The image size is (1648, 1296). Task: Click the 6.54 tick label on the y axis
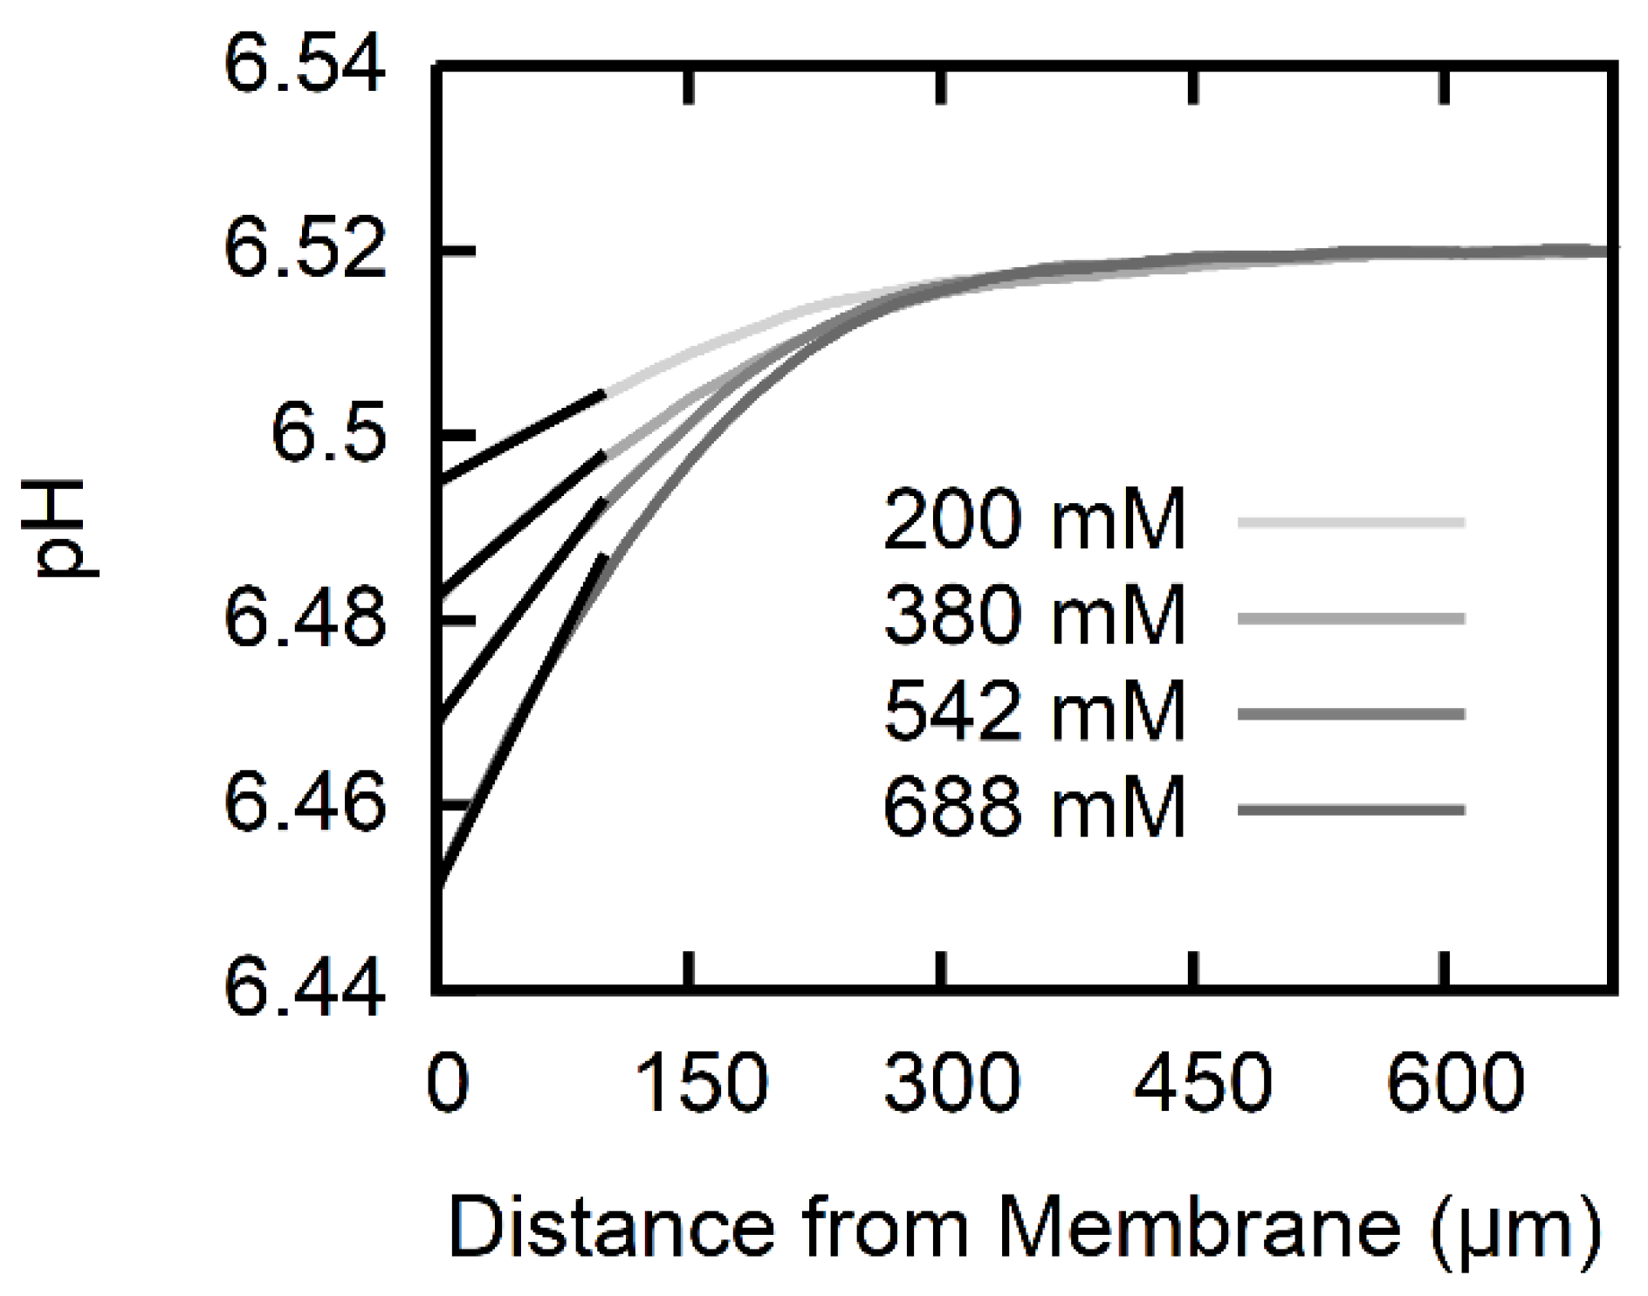click(x=304, y=66)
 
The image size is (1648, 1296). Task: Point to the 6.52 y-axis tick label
click(x=304, y=251)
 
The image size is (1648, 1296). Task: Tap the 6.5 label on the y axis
click(x=327, y=434)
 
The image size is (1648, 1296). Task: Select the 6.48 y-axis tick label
click(x=304, y=619)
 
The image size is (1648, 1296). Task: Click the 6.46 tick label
click(x=304, y=803)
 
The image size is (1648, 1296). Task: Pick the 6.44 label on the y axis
click(x=304, y=989)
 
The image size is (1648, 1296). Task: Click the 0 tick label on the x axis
click(x=448, y=1084)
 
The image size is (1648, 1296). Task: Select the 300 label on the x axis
click(x=951, y=1084)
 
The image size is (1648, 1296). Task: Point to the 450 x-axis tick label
click(x=1203, y=1084)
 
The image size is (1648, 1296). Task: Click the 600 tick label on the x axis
click(x=1455, y=1084)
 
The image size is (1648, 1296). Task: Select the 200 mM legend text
click(x=1034, y=521)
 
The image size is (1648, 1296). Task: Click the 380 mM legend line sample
click(x=1350, y=618)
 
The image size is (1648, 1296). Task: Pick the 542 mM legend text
click(x=1034, y=713)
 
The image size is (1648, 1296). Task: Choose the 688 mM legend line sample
click(x=1350, y=810)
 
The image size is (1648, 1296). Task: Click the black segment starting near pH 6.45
click(x=519, y=721)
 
